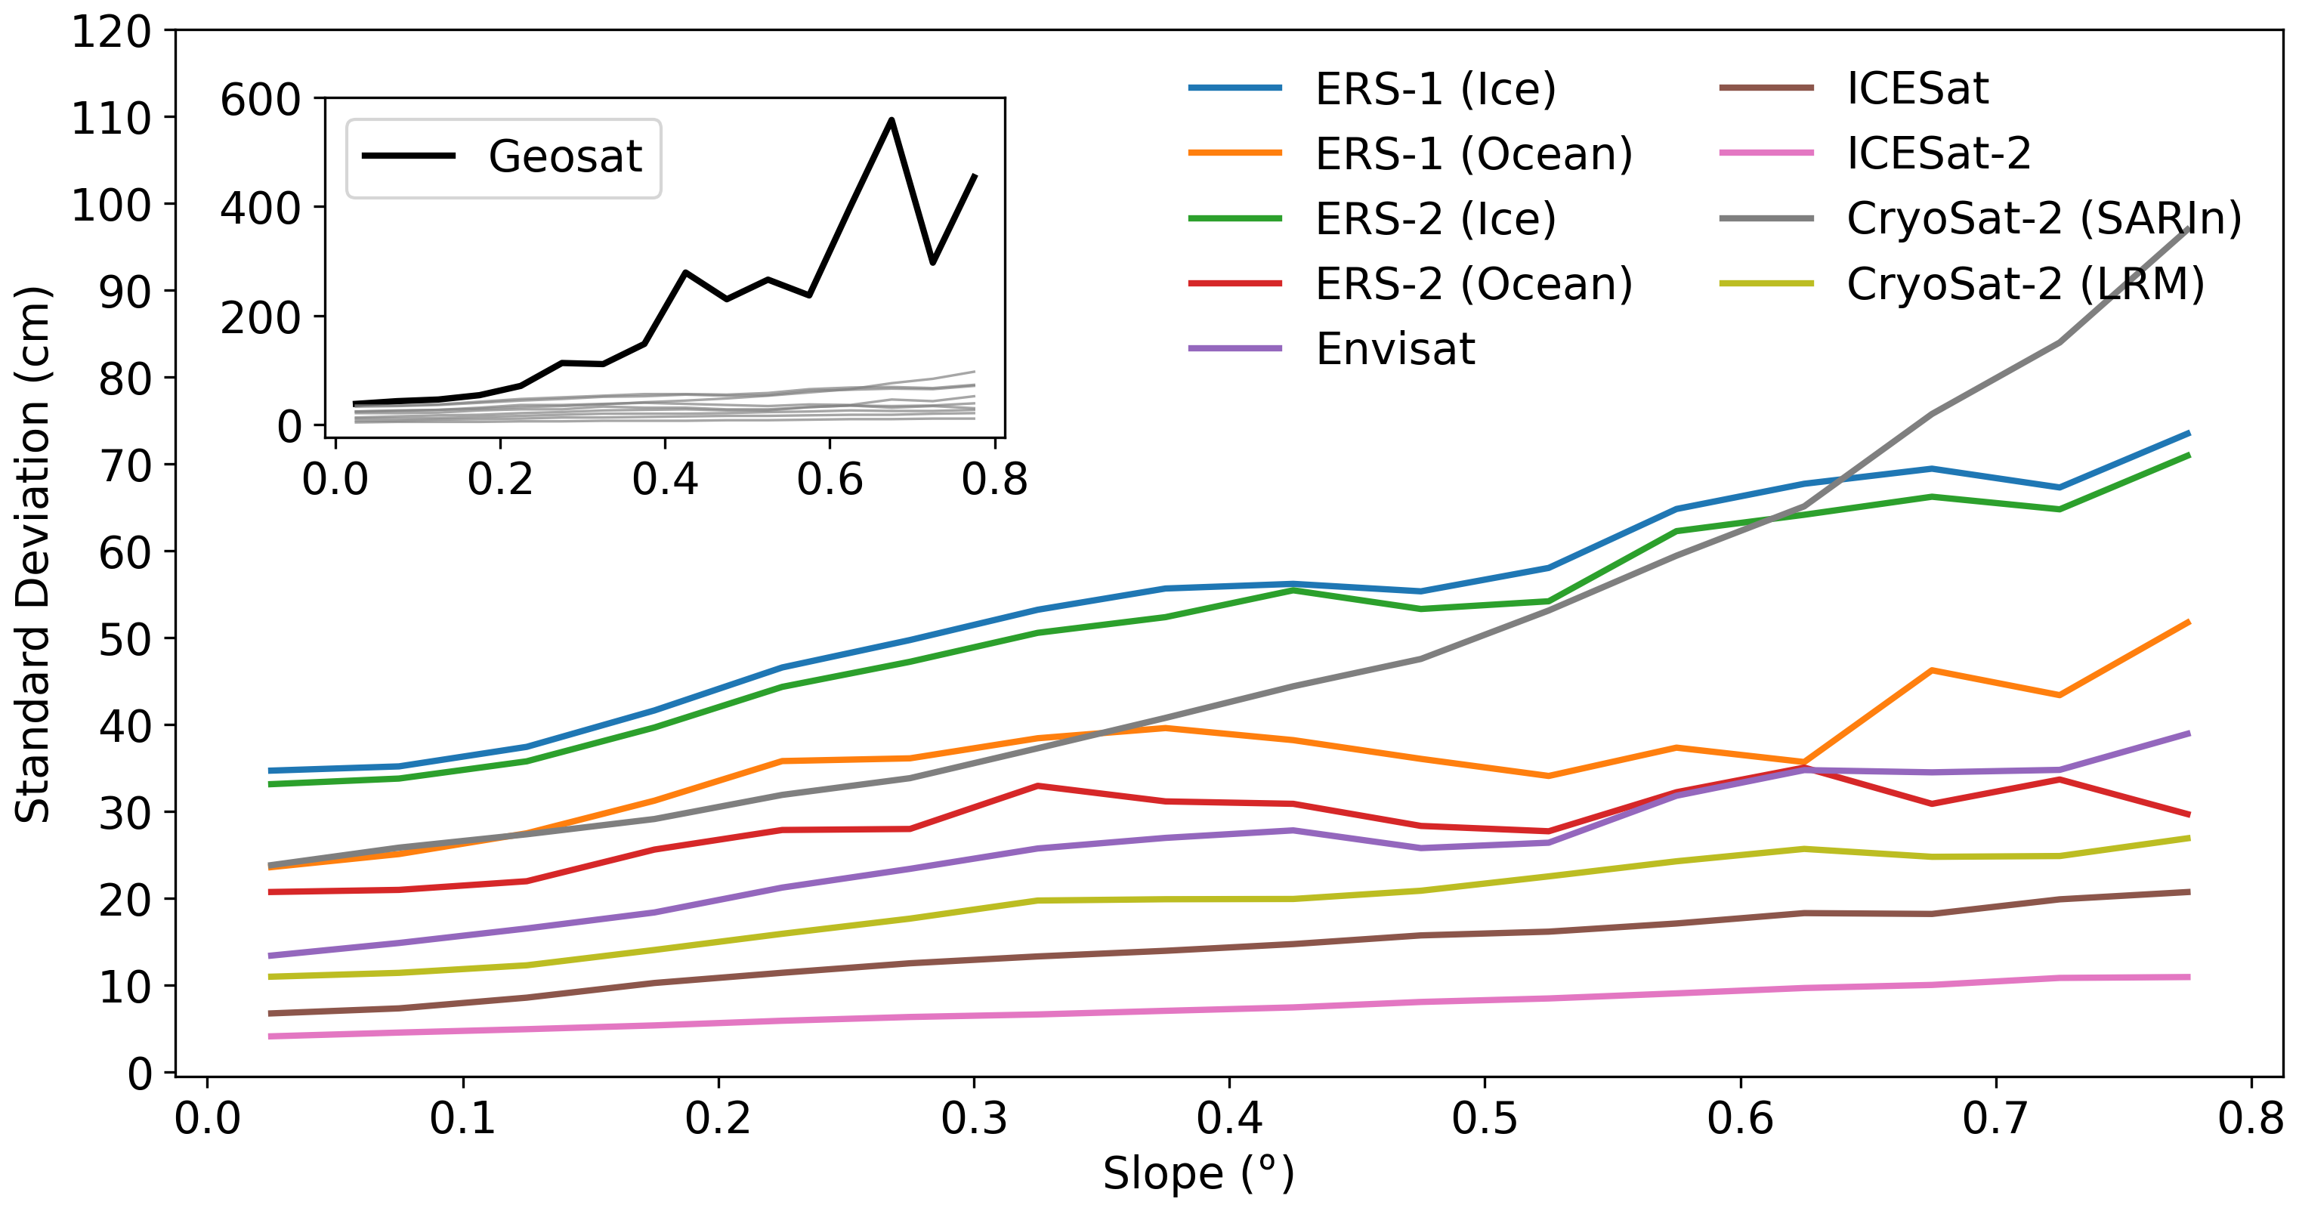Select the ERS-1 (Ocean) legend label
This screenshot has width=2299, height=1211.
tap(1472, 153)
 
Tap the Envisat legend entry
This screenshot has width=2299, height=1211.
tap(1394, 348)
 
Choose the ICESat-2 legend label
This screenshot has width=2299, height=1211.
tap(1938, 153)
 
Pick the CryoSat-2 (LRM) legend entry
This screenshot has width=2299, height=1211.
tap(2024, 284)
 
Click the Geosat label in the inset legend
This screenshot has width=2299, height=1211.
tap(564, 156)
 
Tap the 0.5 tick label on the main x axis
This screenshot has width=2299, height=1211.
tap(1484, 1118)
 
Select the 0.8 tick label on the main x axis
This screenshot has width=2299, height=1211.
tap(2250, 1118)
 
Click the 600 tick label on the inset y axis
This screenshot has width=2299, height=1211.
tap(260, 99)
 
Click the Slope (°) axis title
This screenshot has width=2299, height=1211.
tap(1197, 1173)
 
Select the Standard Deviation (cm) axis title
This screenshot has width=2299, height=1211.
tap(32, 553)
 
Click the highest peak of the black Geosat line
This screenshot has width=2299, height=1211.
tap(891, 119)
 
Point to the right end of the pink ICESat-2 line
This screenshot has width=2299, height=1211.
tap(2189, 978)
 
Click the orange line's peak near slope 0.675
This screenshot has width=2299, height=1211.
tap(1931, 670)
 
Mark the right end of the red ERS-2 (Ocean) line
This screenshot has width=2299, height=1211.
tap(2189, 815)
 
